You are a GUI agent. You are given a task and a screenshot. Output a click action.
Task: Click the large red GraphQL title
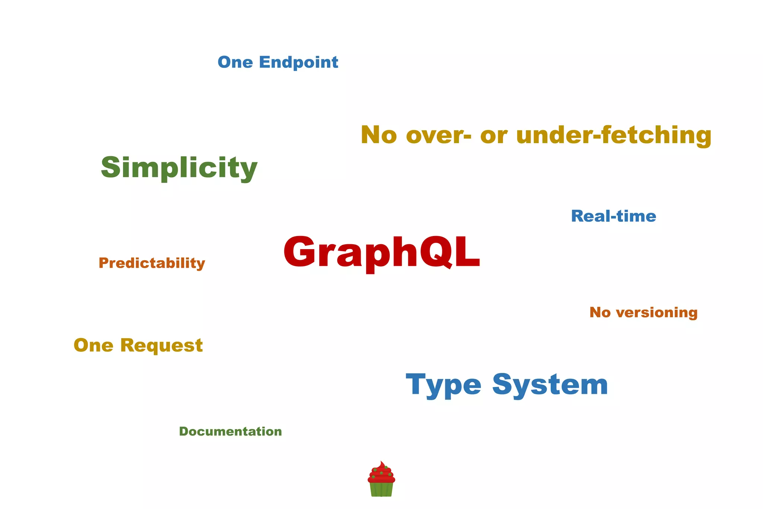[381, 252]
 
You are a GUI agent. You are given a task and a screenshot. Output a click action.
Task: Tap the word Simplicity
[179, 168]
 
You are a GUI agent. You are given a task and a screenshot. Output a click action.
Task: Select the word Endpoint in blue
[298, 62]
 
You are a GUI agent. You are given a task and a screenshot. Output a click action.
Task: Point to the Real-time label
[613, 216]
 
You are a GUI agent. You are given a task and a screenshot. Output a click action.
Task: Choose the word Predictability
[152, 263]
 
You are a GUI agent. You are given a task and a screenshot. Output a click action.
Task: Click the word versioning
[656, 312]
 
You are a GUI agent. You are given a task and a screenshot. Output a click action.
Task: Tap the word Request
[161, 345]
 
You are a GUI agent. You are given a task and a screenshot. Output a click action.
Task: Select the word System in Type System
[550, 384]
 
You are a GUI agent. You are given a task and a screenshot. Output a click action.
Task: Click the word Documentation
[231, 431]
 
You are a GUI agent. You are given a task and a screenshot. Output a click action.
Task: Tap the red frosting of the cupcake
[381, 473]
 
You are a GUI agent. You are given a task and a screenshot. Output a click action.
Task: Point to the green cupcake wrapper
[381, 489]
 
